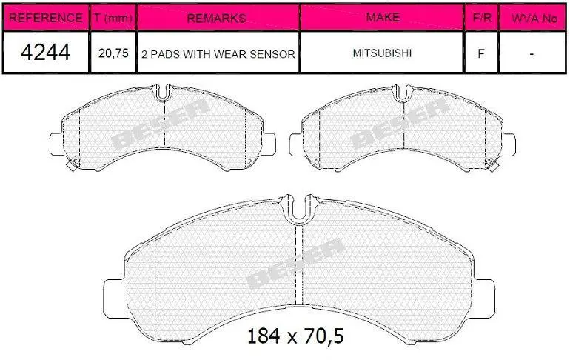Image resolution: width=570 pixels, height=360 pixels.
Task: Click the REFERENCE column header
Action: tap(45, 18)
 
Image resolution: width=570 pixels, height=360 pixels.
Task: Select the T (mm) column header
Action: tap(113, 18)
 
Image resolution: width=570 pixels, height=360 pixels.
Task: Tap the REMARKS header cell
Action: tap(217, 18)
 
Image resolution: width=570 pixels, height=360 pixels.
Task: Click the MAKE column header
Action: tap(383, 18)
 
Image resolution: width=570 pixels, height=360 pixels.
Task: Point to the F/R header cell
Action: tap(482, 18)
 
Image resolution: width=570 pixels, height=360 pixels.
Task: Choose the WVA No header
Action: tap(534, 18)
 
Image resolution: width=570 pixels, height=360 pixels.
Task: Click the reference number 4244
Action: tap(45, 53)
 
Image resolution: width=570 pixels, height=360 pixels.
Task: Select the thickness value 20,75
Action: tap(113, 53)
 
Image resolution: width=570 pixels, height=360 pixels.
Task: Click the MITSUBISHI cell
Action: tap(382, 53)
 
